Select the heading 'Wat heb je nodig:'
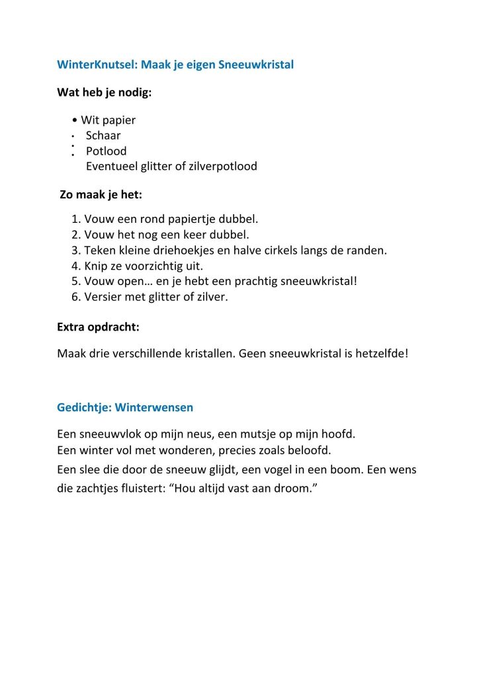(105, 93)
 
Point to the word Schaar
(103, 136)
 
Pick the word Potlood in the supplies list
(106, 151)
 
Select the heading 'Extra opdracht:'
(99, 327)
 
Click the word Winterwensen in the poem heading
(153, 407)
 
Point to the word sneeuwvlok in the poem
(109, 434)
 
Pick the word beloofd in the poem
(311, 450)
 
